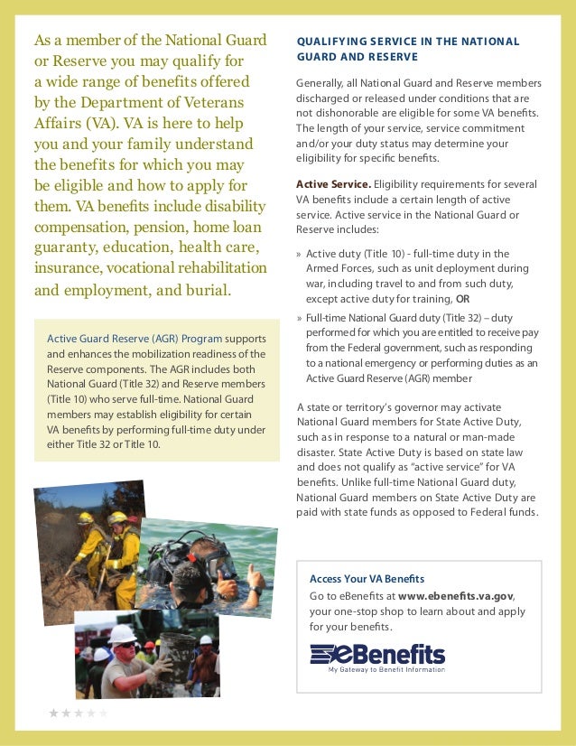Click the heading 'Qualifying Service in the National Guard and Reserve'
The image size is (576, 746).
(x=407, y=49)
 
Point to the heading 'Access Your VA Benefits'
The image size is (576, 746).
(x=367, y=578)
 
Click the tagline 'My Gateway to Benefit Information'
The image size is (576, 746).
(x=386, y=669)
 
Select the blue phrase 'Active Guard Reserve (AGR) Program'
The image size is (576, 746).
(x=135, y=339)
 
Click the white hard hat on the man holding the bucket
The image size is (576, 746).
(x=122, y=633)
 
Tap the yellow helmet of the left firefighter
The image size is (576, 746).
(x=86, y=518)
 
